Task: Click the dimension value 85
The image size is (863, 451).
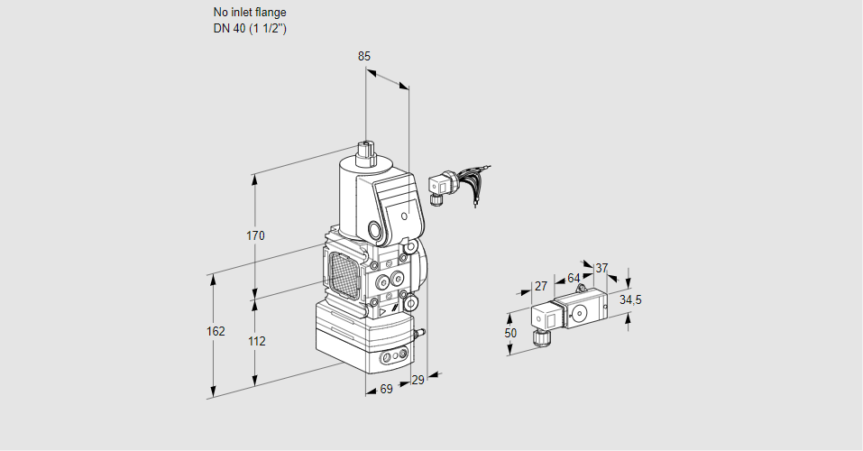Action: coord(364,56)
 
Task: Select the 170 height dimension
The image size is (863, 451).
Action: coord(255,236)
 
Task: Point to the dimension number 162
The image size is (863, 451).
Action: coord(216,331)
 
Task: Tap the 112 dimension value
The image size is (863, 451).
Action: coord(256,341)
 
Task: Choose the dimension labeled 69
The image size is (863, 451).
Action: coord(386,390)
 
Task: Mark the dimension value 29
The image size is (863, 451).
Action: coord(417,381)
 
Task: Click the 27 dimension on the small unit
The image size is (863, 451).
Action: coord(541,286)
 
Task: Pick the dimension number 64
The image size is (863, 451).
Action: coord(574,278)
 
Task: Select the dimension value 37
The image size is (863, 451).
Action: coord(601,268)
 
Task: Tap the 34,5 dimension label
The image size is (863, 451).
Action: coord(630,299)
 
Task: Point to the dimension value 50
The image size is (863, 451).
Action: coord(510,333)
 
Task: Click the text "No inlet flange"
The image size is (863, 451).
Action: coord(249,13)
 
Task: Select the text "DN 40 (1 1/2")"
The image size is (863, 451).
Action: coord(250,29)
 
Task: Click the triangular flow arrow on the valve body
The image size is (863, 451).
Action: coord(383,311)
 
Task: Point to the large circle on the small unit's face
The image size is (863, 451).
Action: coord(579,314)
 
